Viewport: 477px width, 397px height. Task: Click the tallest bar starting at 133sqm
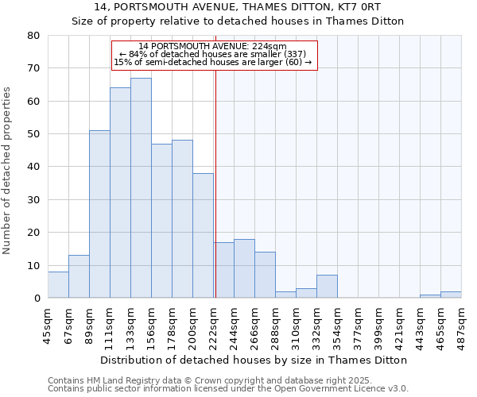click(x=141, y=188)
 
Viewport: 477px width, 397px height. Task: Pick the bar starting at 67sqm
click(x=79, y=276)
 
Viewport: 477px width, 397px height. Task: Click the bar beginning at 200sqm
click(x=203, y=236)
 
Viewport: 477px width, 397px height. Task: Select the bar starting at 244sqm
click(x=244, y=268)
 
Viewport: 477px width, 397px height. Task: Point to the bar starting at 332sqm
click(x=327, y=287)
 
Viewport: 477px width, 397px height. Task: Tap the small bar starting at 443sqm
click(x=430, y=296)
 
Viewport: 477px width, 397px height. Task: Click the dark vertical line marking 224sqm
click(x=215, y=183)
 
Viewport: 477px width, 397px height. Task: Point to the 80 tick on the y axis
click(x=33, y=36)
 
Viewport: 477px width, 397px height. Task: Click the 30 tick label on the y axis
click(x=33, y=200)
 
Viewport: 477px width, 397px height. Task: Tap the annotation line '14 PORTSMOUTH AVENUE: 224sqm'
click(x=212, y=46)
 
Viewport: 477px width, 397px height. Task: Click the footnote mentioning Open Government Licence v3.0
click(x=228, y=389)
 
